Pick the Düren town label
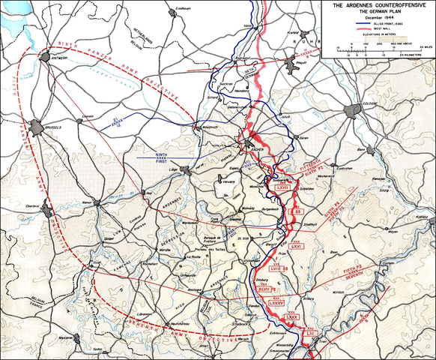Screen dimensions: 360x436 (x=304, y=138)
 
